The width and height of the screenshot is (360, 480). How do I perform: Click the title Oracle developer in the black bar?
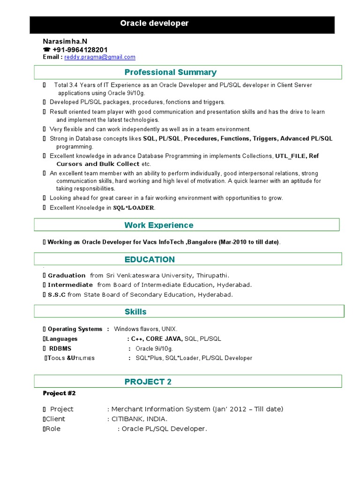154,23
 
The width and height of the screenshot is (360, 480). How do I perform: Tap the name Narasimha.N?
65,42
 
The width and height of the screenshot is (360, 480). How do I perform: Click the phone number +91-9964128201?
80,50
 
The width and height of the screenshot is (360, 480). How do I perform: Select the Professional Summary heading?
170,72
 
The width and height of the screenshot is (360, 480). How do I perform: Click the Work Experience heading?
158,225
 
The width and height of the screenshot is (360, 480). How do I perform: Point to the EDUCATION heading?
150,259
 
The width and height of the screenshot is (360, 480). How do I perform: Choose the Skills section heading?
135,312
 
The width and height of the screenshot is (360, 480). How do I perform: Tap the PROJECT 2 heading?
148,382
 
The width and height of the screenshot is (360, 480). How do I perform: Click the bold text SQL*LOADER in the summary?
134,208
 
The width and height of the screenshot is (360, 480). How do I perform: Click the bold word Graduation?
67,275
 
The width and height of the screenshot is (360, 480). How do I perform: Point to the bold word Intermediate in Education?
70,285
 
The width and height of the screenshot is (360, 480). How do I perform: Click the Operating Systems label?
75,329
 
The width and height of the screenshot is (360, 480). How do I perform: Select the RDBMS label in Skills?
60,348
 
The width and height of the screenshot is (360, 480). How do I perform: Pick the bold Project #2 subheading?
59,393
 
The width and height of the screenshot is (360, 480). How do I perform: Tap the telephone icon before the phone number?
46,50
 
